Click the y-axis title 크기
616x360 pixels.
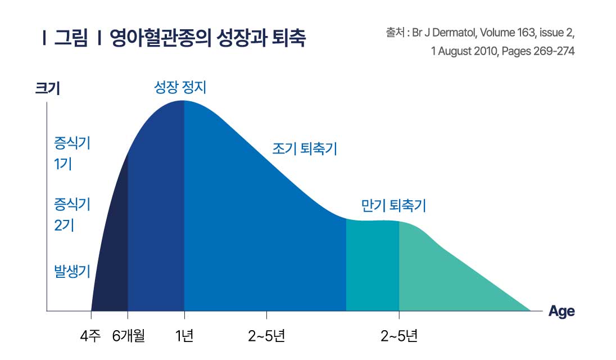(47, 88)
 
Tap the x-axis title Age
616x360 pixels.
(561, 311)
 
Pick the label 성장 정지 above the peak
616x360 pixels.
(180, 87)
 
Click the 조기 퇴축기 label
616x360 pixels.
(305, 149)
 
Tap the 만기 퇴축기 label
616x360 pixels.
(393, 206)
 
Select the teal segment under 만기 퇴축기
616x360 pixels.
(372, 264)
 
